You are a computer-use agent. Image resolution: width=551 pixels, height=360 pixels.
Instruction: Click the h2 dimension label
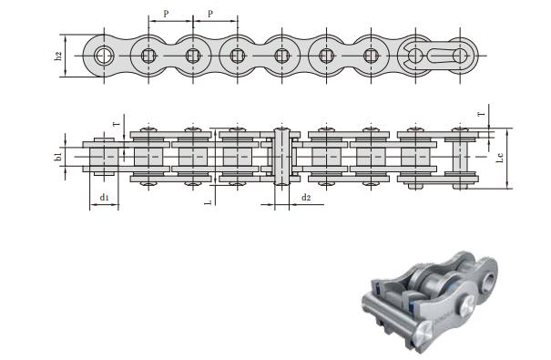(58, 56)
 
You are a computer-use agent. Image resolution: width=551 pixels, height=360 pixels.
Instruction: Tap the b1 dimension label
(58, 157)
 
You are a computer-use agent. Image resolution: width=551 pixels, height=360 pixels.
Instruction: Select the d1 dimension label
(105, 198)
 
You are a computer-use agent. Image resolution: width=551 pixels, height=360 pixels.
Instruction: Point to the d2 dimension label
(306, 197)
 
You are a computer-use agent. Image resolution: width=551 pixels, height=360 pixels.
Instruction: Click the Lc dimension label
(500, 157)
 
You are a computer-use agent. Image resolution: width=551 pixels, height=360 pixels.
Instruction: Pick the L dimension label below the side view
(209, 202)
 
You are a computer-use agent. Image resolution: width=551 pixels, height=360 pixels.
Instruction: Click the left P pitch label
(166, 14)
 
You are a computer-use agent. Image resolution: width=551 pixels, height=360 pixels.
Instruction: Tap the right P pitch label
(210, 14)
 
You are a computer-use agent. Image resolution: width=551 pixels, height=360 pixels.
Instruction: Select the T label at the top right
(482, 114)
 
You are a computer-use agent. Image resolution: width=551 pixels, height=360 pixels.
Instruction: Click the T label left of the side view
(117, 124)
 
